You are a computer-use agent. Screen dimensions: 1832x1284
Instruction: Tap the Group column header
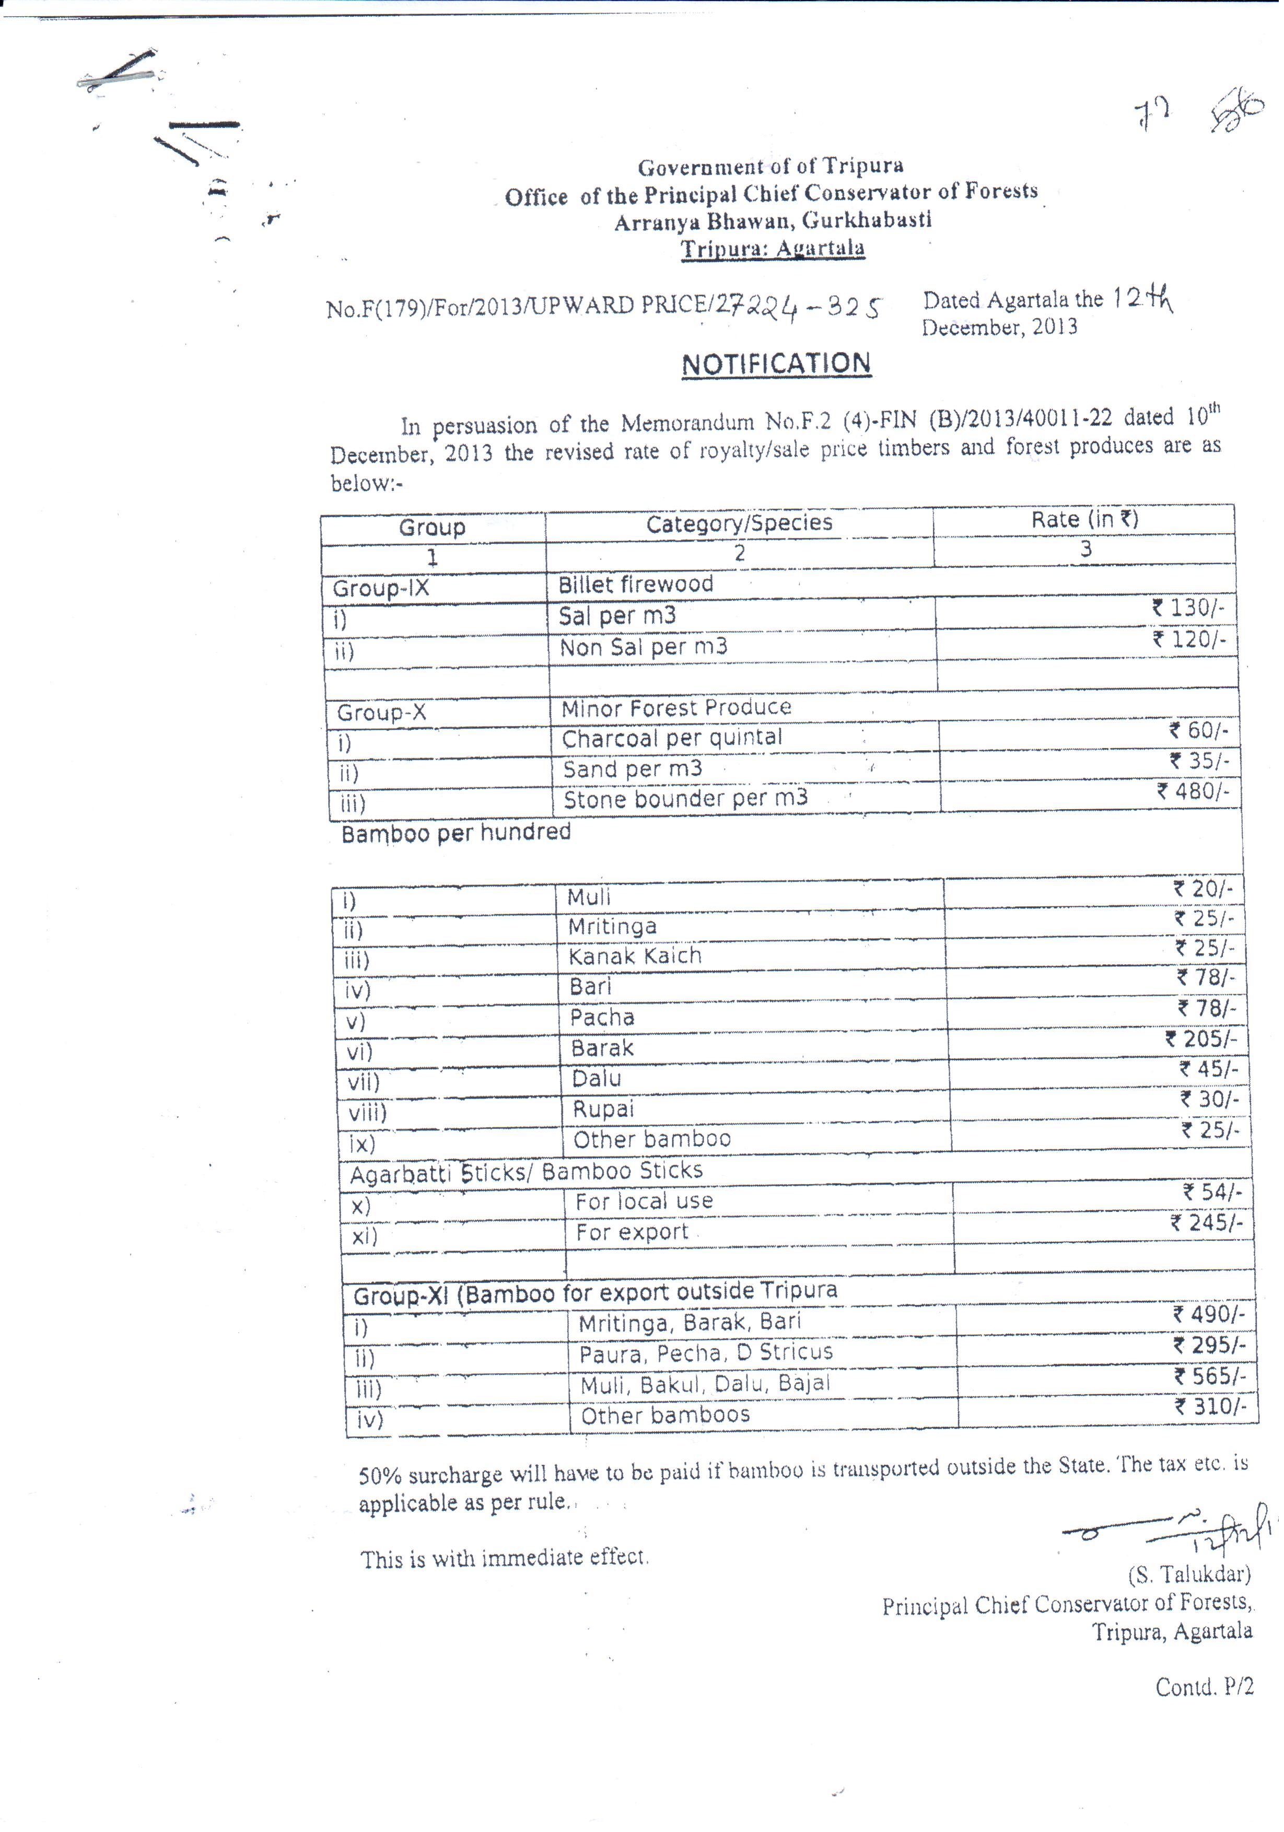(x=431, y=528)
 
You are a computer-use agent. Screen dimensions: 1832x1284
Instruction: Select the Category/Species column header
(x=739, y=523)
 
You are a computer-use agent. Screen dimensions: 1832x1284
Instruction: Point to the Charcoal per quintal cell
(x=672, y=738)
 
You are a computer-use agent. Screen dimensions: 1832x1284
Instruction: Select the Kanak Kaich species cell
(x=634, y=956)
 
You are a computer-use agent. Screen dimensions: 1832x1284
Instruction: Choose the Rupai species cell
(x=603, y=1109)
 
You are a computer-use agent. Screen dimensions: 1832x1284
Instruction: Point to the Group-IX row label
(x=381, y=589)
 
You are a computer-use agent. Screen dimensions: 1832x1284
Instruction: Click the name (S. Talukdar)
(x=1188, y=1574)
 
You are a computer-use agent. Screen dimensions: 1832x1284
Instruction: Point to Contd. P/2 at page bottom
(x=1204, y=1687)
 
